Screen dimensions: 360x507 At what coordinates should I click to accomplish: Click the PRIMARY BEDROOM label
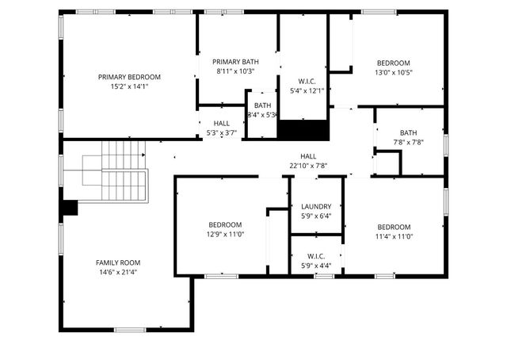[x=129, y=77]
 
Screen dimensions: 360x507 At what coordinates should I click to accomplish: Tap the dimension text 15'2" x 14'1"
[x=129, y=86]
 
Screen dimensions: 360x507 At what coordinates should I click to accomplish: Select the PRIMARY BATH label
[x=235, y=62]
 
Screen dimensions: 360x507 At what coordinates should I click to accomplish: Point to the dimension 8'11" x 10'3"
[x=235, y=71]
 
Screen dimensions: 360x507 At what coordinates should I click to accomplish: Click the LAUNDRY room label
[x=316, y=206]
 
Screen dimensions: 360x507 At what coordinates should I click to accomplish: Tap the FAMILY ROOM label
[x=118, y=262]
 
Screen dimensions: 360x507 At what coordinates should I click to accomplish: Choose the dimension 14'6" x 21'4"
[x=118, y=272]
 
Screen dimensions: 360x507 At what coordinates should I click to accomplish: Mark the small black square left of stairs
[x=70, y=207]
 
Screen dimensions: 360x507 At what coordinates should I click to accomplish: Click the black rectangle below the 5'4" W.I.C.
[x=303, y=130]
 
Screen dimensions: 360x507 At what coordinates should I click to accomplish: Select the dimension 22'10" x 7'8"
[x=308, y=166]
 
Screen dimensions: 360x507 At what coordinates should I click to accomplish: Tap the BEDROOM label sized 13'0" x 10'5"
[x=393, y=63]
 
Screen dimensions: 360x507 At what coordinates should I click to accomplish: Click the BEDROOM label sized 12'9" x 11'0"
[x=224, y=224]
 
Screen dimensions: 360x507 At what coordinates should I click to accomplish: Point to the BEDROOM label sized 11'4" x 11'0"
[x=394, y=226]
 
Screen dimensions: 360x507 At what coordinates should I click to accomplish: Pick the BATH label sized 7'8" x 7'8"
[x=408, y=133]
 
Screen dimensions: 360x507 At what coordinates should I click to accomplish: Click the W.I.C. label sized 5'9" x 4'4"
[x=316, y=256]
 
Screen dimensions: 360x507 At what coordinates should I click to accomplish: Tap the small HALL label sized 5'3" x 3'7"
[x=222, y=124]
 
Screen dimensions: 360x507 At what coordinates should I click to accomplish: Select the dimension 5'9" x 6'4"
[x=316, y=216]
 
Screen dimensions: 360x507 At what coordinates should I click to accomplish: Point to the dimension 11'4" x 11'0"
[x=394, y=236]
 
